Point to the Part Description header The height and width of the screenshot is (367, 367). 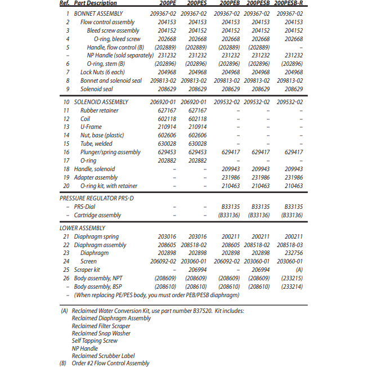95,4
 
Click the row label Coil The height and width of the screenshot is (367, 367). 86,119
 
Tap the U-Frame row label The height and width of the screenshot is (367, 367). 90,127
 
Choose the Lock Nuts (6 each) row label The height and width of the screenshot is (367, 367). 102,72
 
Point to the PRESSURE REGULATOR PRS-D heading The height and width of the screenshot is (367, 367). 96,198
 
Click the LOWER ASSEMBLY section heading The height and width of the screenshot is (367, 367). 82,228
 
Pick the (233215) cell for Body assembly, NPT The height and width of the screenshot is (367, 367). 292,278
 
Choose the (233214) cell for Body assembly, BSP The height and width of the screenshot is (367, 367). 292,287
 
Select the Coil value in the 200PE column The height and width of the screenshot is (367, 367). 166,119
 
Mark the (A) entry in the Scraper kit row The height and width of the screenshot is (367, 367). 299,270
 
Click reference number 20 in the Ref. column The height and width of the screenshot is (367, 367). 66,186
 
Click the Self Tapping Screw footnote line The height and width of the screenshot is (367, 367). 95,341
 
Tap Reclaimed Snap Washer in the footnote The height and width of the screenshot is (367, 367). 101,333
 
